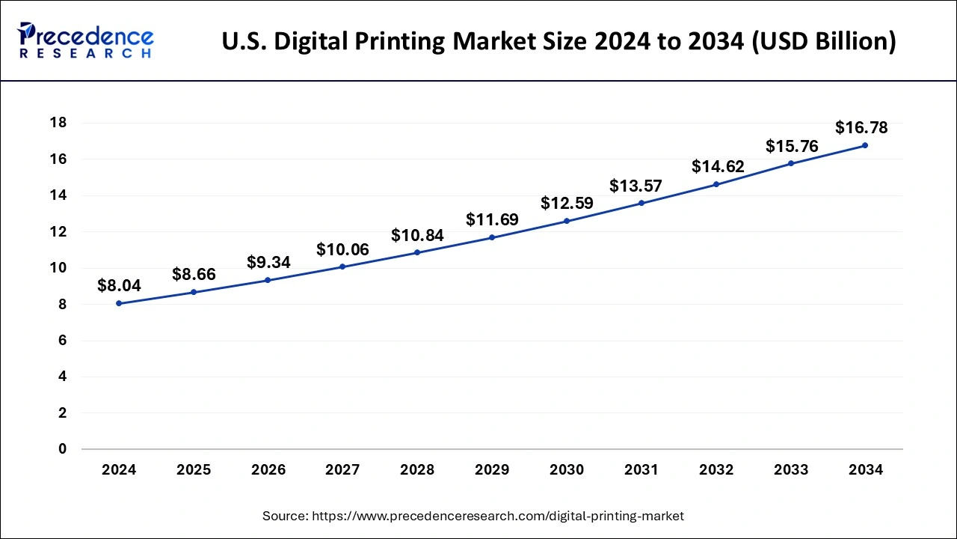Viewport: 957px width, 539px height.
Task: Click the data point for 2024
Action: pos(119,303)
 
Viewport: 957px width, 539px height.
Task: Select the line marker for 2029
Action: pos(492,237)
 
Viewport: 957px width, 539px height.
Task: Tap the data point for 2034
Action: pos(865,145)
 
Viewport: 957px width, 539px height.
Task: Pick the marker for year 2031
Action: pos(641,203)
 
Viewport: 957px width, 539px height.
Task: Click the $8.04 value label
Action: pos(119,285)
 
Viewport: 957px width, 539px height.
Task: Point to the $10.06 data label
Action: pos(342,249)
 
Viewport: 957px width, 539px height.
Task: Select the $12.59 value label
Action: pos(567,203)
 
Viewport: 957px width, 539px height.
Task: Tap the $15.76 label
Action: pos(791,146)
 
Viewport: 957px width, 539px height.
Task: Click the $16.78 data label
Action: pos(861,128)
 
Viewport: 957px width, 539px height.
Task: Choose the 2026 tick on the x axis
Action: pos(268,470)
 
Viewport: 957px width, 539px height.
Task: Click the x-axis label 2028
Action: pos(417,470)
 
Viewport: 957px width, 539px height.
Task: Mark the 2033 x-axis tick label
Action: pos(791,470)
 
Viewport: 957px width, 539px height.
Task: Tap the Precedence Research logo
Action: pos(86,40)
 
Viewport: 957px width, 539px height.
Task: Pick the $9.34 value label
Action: pos(268,262)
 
